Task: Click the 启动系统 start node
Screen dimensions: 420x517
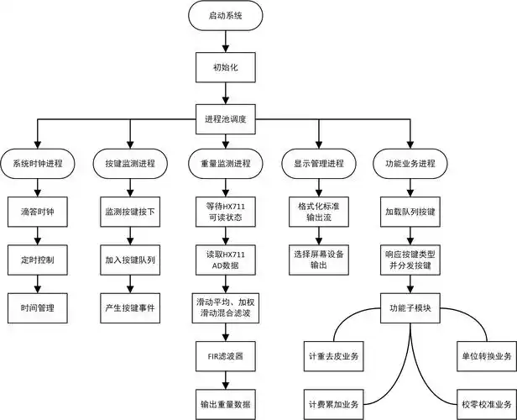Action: coord(225,16)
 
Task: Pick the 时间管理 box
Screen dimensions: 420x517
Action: coord(38,307)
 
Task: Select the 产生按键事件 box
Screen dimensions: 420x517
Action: coord(130,307)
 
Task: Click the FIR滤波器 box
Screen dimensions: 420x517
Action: coord(225,354)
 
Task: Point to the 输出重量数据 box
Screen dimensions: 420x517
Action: coord(225,402)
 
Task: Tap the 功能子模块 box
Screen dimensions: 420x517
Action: coord(410,307)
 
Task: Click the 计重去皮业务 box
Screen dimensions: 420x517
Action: coord(333,354)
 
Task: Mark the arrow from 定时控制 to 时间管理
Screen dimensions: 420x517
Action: coord(38,283)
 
